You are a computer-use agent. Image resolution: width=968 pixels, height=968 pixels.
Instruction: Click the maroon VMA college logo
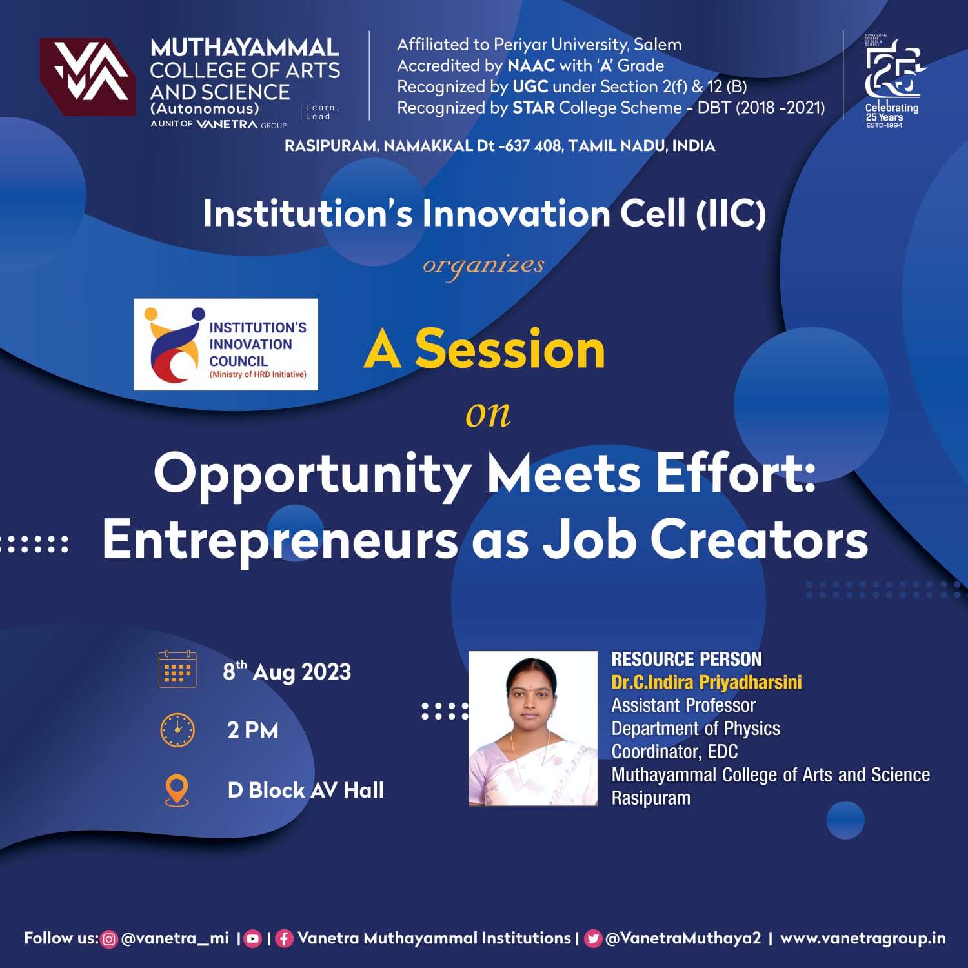tap(88, 77)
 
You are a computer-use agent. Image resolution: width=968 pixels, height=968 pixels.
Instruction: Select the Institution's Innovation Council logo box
tap(226, 344)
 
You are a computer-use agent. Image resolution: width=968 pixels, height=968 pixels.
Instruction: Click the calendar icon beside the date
tap(177, 669)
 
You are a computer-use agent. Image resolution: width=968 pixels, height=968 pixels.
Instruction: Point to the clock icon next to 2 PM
tap(177, 730)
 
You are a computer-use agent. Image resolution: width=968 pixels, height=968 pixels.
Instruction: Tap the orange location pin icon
tap(177, 790)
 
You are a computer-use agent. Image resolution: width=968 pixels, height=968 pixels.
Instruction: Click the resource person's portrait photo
tap(533, 728)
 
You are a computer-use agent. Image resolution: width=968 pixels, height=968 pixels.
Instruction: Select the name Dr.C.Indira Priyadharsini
tap(707, 682)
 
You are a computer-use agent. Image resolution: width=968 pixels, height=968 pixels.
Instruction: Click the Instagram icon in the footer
tap(110, 939)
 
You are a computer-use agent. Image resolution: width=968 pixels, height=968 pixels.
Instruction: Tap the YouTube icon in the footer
tap(253, 939)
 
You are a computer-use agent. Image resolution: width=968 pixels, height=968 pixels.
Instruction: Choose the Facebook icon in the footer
tap(284, 939)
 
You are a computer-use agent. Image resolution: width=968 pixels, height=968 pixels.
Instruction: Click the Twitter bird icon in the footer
tap(592, 939)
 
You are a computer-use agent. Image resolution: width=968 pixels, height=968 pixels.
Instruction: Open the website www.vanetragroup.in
tap(863, 938)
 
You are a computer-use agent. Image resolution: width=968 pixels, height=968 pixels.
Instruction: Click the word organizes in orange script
tap(484, 266)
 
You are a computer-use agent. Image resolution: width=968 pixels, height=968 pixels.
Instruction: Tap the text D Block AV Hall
tap(306, 790)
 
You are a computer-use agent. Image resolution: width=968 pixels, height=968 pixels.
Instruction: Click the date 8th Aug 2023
tap(287, 671)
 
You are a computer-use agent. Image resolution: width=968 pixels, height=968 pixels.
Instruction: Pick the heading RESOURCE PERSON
tap(687, 659)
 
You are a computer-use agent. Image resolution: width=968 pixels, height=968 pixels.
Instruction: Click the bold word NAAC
tap(531, 65)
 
